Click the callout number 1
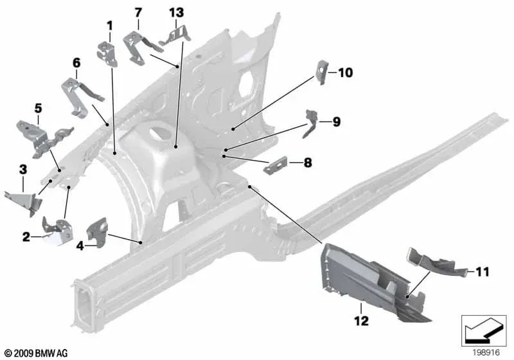109,26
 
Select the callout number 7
137,12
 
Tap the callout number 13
176,12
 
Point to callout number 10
345,73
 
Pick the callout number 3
23,170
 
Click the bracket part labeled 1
107,53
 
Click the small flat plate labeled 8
275,165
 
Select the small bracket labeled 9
312,122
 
